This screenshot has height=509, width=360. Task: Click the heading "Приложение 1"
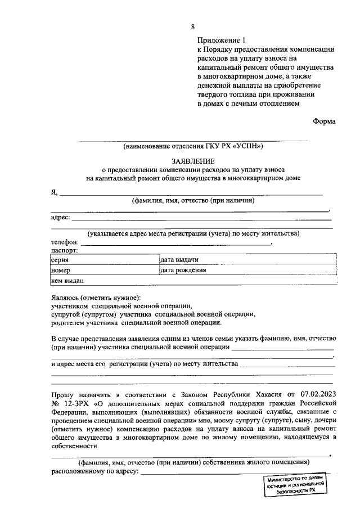click(x=222, y=40)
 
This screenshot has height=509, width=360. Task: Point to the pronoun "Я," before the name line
click(x=55, y=192)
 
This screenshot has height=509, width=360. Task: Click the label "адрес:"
click(x=60, y=218)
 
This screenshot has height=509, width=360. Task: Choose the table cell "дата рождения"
click(x=183, y=270)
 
